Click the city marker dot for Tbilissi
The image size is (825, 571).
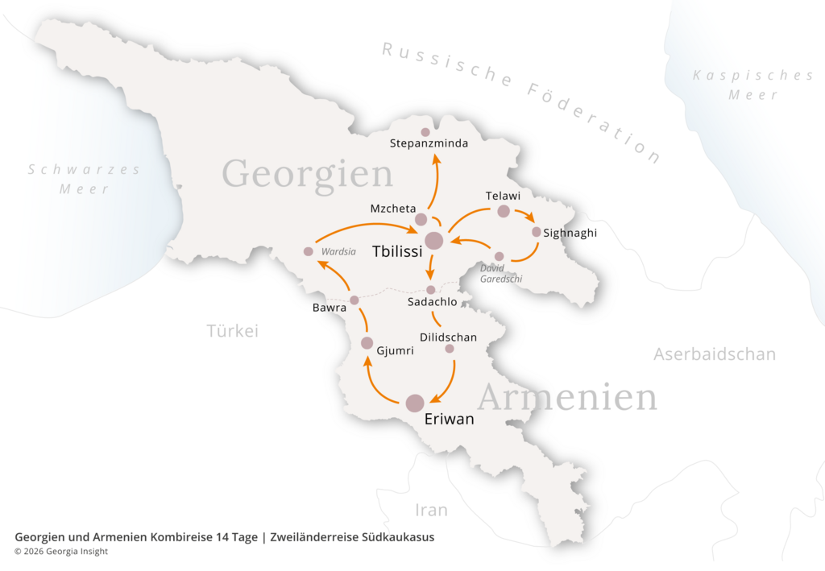[x=433, y=240]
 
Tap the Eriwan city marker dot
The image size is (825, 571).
[x=415, y=403]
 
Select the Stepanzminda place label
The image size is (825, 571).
[x=429, y=145]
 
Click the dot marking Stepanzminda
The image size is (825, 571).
[x=425, y=132]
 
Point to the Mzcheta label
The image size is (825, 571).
[x=393, y=209]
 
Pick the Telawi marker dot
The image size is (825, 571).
[x=504, y=211]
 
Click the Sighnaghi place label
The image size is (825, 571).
[x=570, y=233]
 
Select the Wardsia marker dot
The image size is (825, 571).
[x=308, y=251]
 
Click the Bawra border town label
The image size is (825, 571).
[x=330, y=308]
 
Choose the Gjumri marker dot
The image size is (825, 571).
[x=367, y=343]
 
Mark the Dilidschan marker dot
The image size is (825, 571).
[x=450, y=349]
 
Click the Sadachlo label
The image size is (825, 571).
[x=433, y=302]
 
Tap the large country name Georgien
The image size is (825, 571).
[x=307, y=173]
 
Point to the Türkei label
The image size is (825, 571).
[x=232, y=331]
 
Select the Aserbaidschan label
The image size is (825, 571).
[x=715, y=354]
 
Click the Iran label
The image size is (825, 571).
[x=431, y=510]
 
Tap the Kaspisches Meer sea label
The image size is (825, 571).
[x=753, y=85]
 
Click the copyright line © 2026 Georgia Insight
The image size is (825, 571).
[x=61, y=552]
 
